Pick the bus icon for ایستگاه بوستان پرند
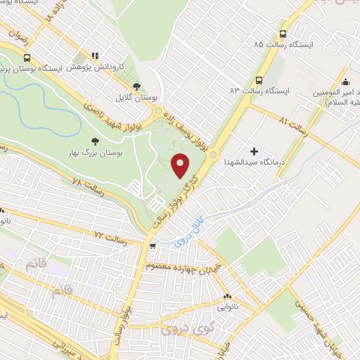point(27,58)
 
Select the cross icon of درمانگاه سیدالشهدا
point(254,150)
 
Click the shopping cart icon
point(153,246)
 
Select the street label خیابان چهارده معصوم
point(184,268)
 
